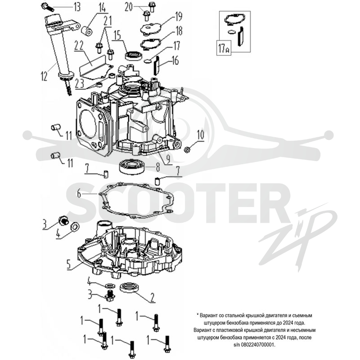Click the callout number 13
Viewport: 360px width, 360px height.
(76, 7)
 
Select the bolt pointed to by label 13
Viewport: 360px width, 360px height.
(48, 7)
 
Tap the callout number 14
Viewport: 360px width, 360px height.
(102, 8)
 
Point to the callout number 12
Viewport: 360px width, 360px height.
(44, 76)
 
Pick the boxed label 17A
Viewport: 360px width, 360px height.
(224, 48)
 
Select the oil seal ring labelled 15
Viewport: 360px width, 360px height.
(133, 55)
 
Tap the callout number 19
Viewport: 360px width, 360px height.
(178, 16)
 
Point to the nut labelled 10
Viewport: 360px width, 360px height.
(188, 150)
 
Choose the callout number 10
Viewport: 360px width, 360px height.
(200, 135)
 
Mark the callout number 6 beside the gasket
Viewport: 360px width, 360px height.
(79, 194)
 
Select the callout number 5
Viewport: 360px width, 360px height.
(69, 264)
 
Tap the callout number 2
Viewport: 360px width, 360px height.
(153, 298)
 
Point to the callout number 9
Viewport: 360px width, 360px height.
(168, 158)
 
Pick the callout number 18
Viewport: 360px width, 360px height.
(179, 31)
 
